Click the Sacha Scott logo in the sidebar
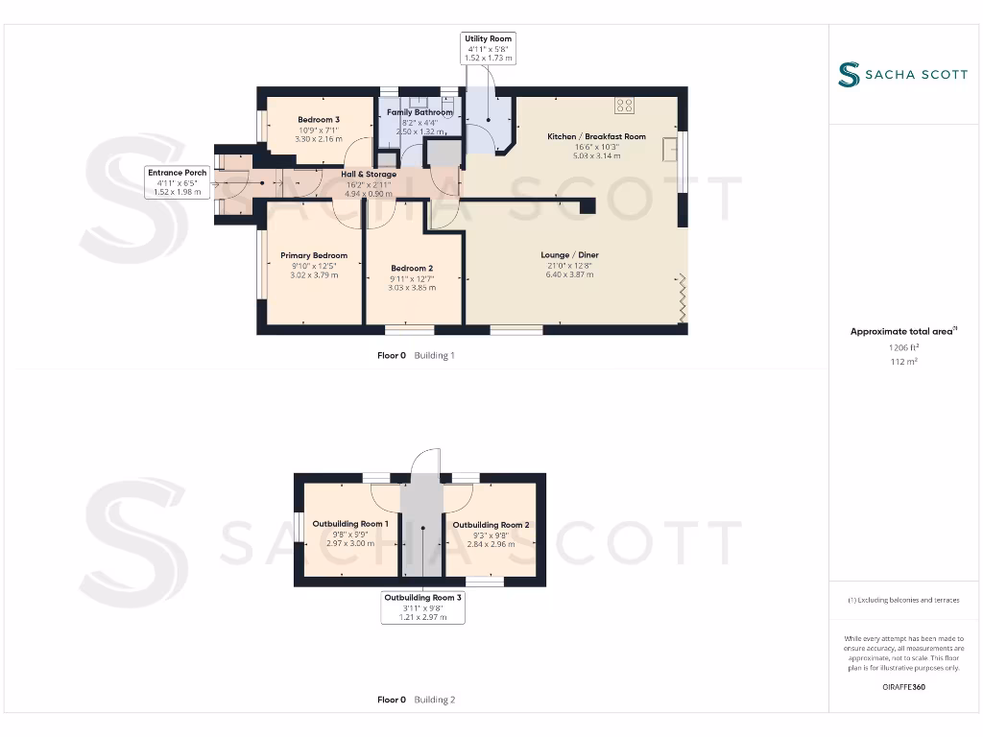tap(902, 75)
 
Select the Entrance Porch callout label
tap(177, 182)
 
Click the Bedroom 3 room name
tap(318, 120)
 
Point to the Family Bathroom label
tap(420, 112)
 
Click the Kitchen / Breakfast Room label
tap(596, 136)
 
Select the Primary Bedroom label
tap(314, 255)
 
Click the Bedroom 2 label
tap(412, 268)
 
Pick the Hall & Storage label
tap(369, 175)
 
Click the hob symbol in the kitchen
tap(625, 106)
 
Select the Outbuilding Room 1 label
tap(349, 524)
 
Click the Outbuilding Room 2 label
tap(491, 525)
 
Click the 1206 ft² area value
tap(904, 348)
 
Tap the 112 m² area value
tap(904, 362)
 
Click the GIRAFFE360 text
tap(904, 687)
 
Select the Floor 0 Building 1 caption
tap(416, 355)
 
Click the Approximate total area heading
tap(903, 331)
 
